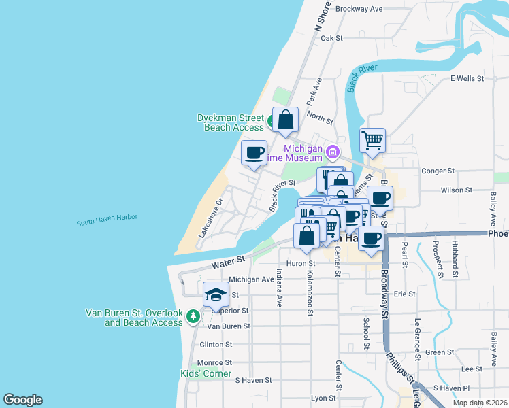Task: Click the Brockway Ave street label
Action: (360, 9)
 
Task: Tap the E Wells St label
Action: (467, 79)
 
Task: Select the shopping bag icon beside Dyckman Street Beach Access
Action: (286, 120)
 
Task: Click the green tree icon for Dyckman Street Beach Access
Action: (271, 122)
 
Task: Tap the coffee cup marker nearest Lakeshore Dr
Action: (255, 153)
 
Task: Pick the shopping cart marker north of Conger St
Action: (372, 141)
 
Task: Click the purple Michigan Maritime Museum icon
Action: (333, 151)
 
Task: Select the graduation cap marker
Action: (216, 294)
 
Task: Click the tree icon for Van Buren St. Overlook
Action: (193, 317)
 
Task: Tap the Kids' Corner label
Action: (206, 373)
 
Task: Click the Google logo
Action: (22, 400)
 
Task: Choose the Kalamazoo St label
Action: (310, 294)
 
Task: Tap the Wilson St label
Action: (456, 190)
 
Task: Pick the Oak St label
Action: (331, 39)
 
